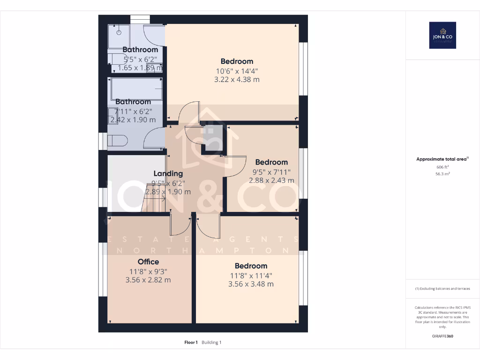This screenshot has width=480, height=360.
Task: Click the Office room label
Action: [148, 262]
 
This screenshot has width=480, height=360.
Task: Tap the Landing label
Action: [168, 173]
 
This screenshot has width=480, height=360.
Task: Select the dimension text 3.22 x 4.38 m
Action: [237, 80]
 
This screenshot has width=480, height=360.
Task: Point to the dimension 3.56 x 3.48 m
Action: [251, 284]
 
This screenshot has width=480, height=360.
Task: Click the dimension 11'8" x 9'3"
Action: [148, 271]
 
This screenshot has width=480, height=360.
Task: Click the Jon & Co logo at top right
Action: [442, 35]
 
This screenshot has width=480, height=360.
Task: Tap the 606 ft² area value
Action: [442, 167]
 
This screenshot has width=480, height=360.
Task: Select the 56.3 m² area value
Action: [442, 173]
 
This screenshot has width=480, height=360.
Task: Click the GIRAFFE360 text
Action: [442, 336]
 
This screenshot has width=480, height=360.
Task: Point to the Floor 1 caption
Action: [191, 342]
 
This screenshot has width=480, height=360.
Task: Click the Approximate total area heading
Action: [442, 159]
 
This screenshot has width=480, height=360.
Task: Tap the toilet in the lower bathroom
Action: [117, 141]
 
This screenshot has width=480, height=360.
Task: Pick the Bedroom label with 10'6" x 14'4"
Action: [237, 61]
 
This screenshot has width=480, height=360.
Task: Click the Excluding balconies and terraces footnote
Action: [442, 289]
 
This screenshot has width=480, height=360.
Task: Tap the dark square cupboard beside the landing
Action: [212, 139]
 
